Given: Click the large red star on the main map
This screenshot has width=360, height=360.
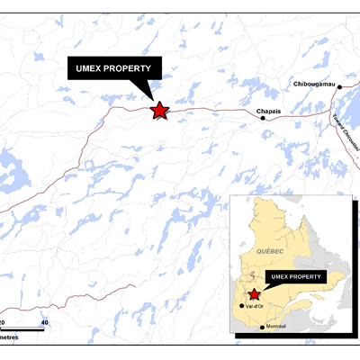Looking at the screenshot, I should [x=159, y=111].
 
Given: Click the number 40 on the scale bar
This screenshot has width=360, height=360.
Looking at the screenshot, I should [x=43, y=322].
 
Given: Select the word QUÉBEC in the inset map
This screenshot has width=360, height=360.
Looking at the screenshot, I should [x=270, y=248].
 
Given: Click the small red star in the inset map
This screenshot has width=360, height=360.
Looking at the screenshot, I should [x=255, y=293].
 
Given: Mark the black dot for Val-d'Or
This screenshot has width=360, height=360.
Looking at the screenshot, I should [x=240, y=305].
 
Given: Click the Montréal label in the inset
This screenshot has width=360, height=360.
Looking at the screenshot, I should [x=276, y=327].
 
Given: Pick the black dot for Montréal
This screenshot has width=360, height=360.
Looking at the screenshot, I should [x=262, y=326].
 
